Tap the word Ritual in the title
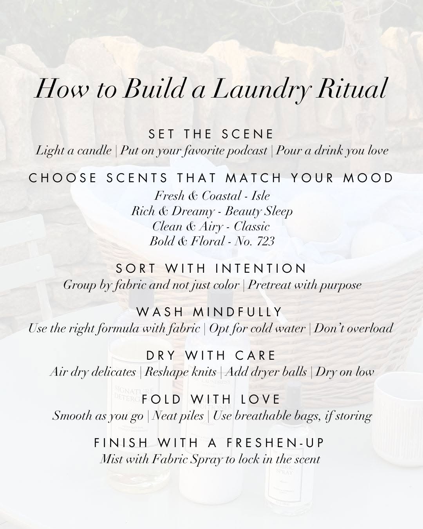coord(351,88)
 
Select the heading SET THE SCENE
coord(211,134)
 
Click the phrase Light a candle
coord(74,150)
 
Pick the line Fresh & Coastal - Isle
coord(212,196)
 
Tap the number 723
coord(266,241)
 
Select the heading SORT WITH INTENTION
coord(211,268)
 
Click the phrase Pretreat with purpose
coord(305,285)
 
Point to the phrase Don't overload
coord(353,328)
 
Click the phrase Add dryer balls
coord(266,372)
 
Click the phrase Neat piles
coord(178,416)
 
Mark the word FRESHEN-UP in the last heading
coord(275,443)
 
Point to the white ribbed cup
coord(399,418)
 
